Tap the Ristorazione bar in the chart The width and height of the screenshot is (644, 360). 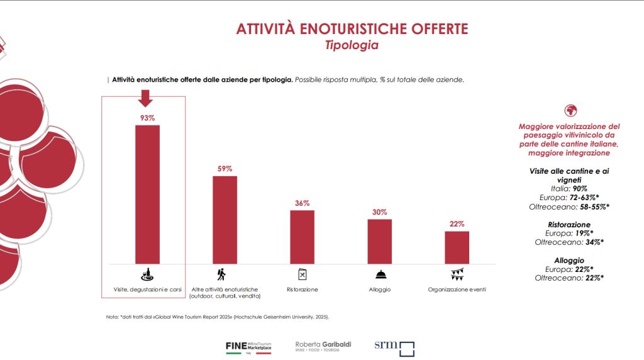[302, 237]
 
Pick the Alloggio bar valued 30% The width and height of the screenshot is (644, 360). [379, 241]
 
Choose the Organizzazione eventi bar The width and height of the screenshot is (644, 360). [457, 247]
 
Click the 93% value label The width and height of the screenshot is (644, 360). [147, 118]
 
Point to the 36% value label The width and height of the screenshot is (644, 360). [302, 203]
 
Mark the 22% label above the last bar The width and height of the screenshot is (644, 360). [457, 224]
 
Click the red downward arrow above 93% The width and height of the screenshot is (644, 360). [146, 99]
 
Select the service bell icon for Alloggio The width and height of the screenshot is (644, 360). [380, 274]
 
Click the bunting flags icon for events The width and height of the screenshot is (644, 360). [457, 274]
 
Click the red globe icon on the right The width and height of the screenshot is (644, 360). [571, 110]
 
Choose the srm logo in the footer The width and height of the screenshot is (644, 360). [394, 347]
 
